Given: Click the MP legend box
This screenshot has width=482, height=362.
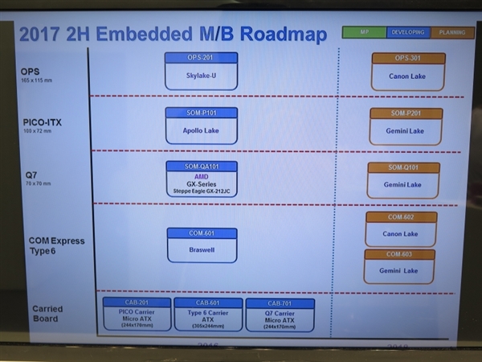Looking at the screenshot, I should (x=363, y=33).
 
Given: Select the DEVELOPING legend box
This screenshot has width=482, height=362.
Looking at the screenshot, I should (x=407, y=33).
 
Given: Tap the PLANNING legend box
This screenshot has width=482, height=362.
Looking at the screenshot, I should (x=452, y=33).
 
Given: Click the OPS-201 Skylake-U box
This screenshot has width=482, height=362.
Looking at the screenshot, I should (x=201, y=71).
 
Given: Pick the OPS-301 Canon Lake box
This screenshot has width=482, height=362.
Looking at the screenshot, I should (x=408, y=72).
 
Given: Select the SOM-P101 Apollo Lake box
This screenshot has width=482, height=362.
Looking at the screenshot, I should (x=201, y=125).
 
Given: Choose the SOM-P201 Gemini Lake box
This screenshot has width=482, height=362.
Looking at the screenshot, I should (x=406, y=125).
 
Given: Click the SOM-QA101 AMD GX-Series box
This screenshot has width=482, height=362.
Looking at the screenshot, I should (x=202, y=179).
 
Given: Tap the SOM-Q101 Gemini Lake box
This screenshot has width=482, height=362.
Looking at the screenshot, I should (x=403, y=180).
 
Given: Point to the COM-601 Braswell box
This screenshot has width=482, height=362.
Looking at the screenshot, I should (x=202, y=245).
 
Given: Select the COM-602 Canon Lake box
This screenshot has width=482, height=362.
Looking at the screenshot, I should (x=401, y=228).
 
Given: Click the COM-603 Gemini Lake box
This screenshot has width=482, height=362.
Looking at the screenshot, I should (x=399, y=265).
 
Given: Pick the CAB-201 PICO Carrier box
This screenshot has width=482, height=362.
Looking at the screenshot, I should (x=137, y=315).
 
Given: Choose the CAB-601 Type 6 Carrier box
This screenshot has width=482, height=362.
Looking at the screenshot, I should (x=208, y=315).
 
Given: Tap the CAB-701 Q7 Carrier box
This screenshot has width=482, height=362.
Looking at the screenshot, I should (x=279, y=315).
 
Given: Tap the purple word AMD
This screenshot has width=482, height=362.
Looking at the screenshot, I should (x=202, y=176).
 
